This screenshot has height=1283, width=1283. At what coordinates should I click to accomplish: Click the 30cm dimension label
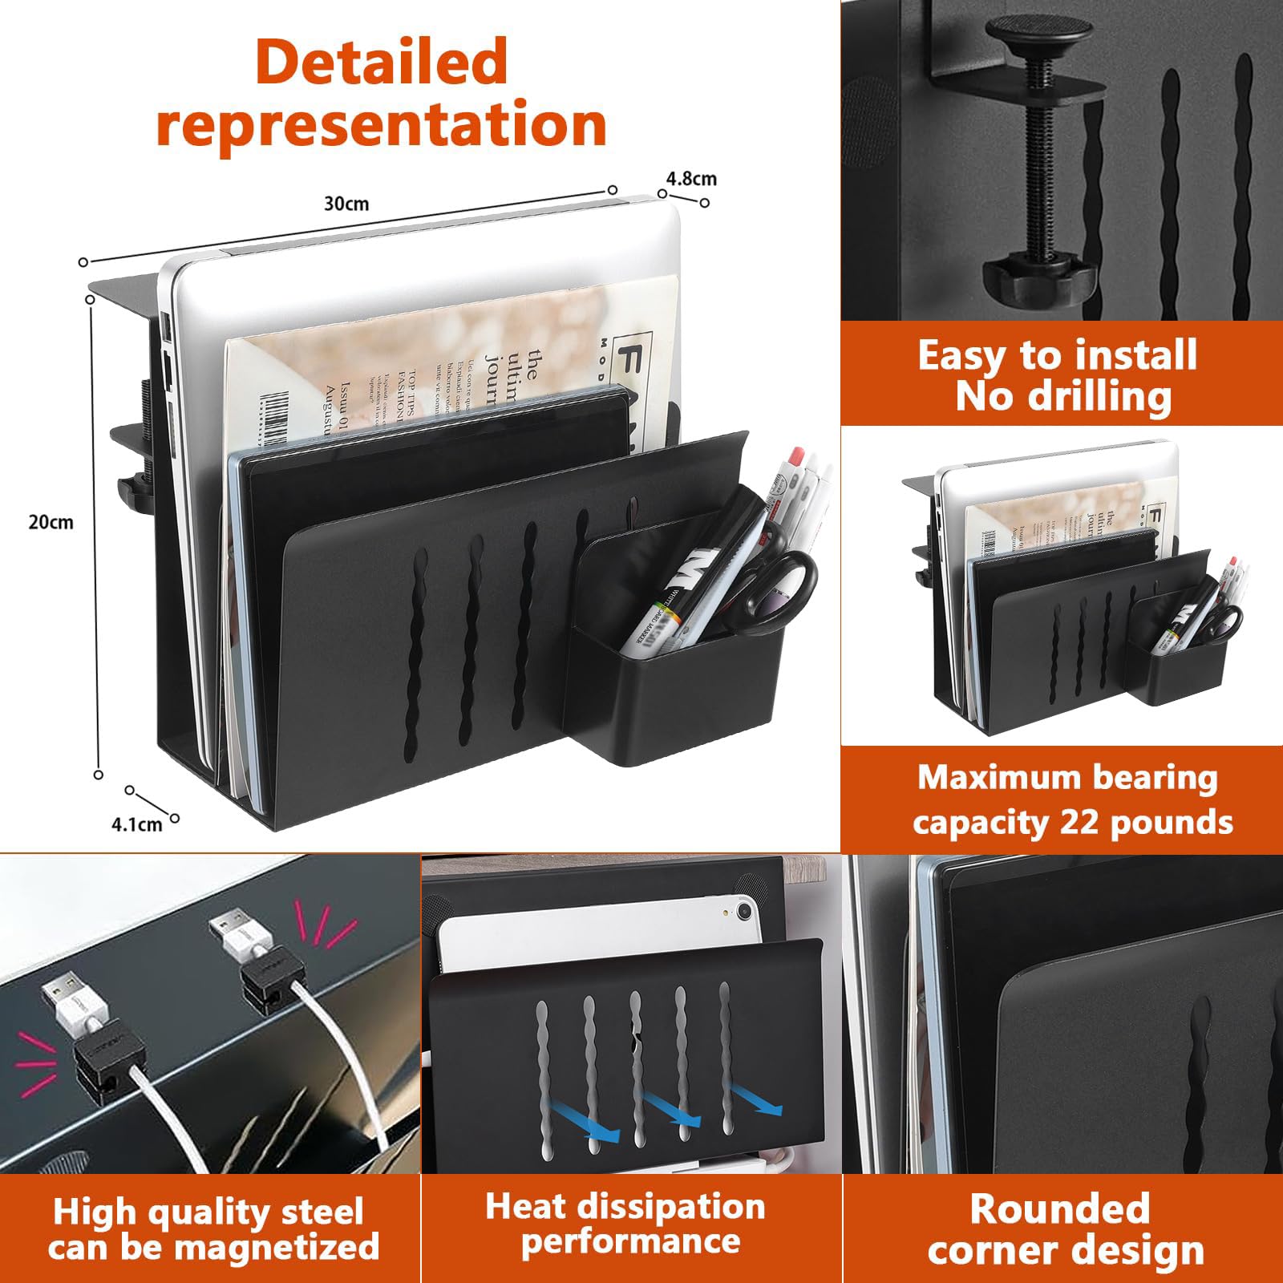[346, 204]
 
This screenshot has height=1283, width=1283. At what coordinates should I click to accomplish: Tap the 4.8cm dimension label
[691, 178]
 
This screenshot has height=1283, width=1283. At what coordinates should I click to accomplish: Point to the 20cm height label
[51, 522]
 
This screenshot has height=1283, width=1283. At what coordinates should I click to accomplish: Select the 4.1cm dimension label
[136, 824]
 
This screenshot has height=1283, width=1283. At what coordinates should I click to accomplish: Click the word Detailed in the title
[382, 63]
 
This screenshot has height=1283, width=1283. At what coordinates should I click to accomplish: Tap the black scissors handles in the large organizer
[782, 579]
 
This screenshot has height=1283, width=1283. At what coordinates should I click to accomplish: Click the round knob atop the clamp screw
[1039, 34]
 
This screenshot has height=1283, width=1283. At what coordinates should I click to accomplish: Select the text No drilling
[1063, 396]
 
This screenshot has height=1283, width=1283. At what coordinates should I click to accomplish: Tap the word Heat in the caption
[526, 1207]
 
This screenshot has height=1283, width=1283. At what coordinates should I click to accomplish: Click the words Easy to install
[1057, 355]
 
